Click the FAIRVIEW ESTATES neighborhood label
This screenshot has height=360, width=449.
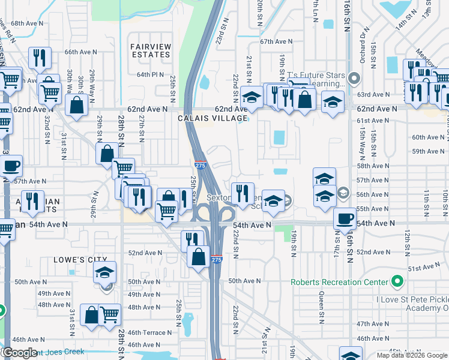click(150, 50)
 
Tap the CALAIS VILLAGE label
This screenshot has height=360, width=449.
click(212, 118)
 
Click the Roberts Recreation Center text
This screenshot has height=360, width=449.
click(339, 282)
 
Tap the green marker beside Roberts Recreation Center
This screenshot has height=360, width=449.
click(396, 281)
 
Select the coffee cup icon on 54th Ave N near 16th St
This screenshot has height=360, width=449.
click(345, 218)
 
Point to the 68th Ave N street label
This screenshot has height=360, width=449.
click(27, 23)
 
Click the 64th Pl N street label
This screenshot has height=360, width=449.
click(150, 74)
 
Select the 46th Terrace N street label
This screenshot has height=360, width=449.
click(149, 332)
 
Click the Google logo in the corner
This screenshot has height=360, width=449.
click(19, 353)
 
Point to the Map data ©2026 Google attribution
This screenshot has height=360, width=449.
click(412, 355)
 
